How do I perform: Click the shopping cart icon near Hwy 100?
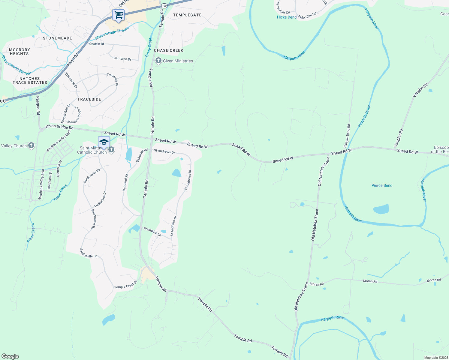pos(119,15)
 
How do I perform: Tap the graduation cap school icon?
pos(104,142)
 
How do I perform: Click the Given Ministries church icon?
pos(158,61)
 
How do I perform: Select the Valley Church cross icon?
pos(31,146)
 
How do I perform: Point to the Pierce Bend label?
pos(382,185)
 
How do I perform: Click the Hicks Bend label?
pos(287,17)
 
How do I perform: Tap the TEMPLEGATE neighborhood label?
pos(187,15)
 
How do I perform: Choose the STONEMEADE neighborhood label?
pos(57,38)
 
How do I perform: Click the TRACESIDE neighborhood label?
pos(89,99)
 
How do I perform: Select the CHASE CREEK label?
pos(168,50)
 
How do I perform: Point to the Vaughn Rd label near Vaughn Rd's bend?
pos(420,90)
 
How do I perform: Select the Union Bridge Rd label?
pos(59,127)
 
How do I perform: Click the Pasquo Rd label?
pos(38,106)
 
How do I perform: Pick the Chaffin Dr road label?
pos(97,44)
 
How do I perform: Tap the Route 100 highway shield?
pos(164,6)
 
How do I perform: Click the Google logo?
pos(10,356)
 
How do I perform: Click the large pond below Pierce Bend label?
pos(381,209)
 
